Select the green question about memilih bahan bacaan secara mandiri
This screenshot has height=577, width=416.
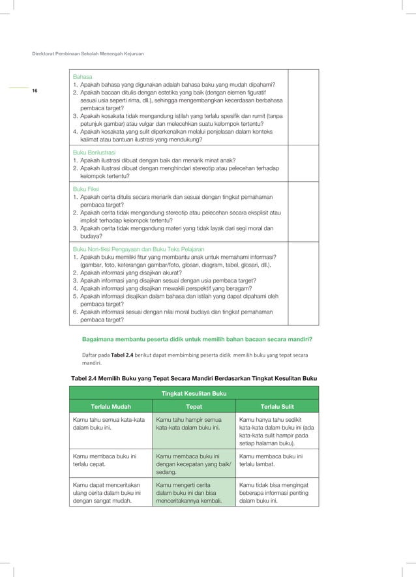tap(197, 339)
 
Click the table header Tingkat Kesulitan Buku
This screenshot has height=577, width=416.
tap(194, 393)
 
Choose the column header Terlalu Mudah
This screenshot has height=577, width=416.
tap(110, 406)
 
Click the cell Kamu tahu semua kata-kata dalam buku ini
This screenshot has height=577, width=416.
tap(110, 424)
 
